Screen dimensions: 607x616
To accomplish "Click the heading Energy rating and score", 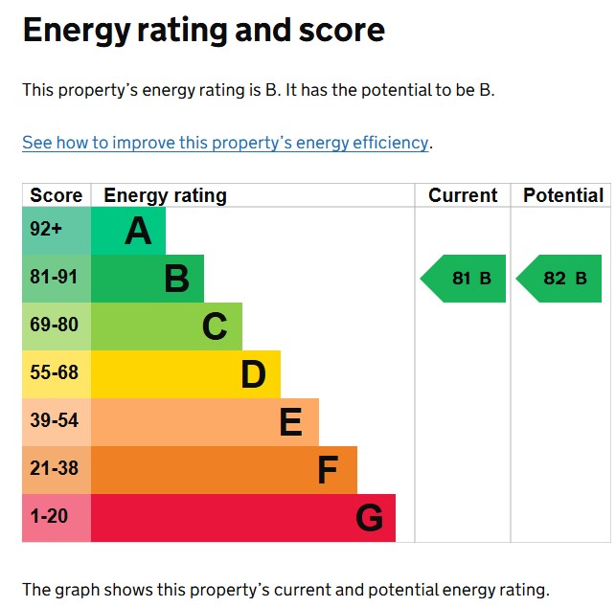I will click(203, 31).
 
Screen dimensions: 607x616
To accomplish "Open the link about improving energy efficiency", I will click(225, 143).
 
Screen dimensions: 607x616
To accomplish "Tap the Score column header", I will click(57, 195).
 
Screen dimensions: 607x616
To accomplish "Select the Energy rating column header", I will click(165, 195).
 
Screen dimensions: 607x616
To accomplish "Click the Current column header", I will click(463, 195).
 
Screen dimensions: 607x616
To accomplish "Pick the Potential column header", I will click(563, 195).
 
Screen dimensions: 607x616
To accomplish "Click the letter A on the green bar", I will click(138, 232).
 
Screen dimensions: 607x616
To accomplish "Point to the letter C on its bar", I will click(215, 327).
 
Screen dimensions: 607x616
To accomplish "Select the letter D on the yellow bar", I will click(253, 375).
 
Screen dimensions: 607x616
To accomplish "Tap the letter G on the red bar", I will click(369, 519).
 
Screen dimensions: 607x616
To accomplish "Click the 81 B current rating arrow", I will click(464, 279).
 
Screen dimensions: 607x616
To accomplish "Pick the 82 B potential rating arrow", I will click(559, 279).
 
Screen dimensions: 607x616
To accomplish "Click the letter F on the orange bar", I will click(328, 471).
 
